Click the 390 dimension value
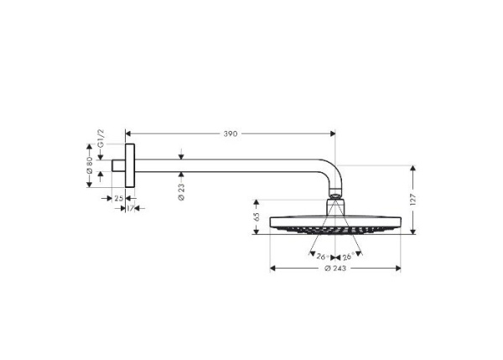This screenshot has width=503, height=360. pos(230,133)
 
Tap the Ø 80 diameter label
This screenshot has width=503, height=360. pos(89,170)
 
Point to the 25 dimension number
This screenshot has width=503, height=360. pos(118,198)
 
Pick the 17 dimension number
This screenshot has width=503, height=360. pos(132,207)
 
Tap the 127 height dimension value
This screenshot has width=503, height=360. pos(412,200)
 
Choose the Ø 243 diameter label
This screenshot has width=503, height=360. pos(334,269)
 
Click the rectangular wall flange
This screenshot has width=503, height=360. pos(130,166)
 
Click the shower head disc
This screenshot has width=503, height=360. pos(334,224)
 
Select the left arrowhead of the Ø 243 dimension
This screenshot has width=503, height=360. pos(272,269)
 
